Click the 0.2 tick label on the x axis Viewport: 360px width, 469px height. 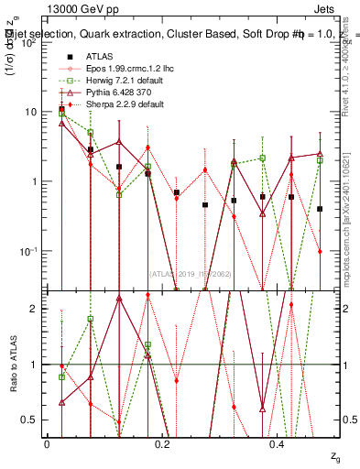point(162,444)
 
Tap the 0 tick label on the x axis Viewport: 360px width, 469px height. point(48,444)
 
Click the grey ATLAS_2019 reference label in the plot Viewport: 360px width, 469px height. point(189,273)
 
